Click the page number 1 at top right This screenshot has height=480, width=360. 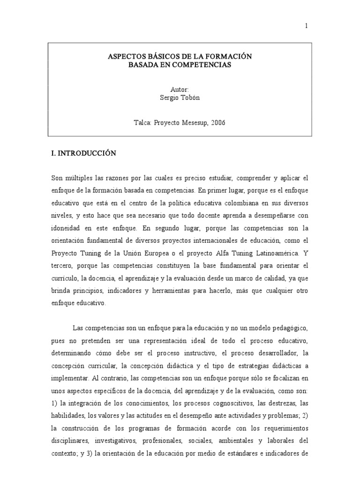coord(306,26)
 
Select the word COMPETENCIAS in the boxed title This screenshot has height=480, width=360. coord(204,65)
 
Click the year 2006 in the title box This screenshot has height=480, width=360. coord(218,123)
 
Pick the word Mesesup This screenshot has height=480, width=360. coord(194,123)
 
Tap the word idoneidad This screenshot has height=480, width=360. coord(68,229)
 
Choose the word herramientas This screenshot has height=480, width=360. coord(175,291)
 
